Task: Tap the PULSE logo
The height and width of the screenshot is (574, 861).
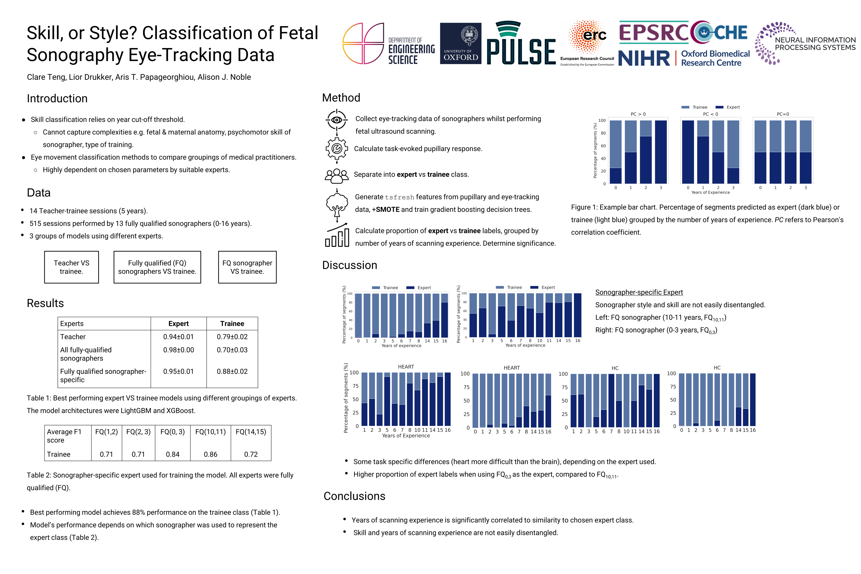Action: click(521, 43)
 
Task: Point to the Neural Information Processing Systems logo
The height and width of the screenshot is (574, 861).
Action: click(805, 43)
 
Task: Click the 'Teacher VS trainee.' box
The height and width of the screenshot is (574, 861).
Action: click(71, 267)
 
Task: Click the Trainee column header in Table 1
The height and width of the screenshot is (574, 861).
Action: click(232, 324)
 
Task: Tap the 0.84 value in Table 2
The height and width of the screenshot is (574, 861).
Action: click(172, 454)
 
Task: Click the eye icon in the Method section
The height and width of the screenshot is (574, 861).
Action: click(336, 120)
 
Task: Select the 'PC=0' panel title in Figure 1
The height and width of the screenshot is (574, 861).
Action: click(783, 114)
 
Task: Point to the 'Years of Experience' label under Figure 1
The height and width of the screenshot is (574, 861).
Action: click(710, 193)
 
